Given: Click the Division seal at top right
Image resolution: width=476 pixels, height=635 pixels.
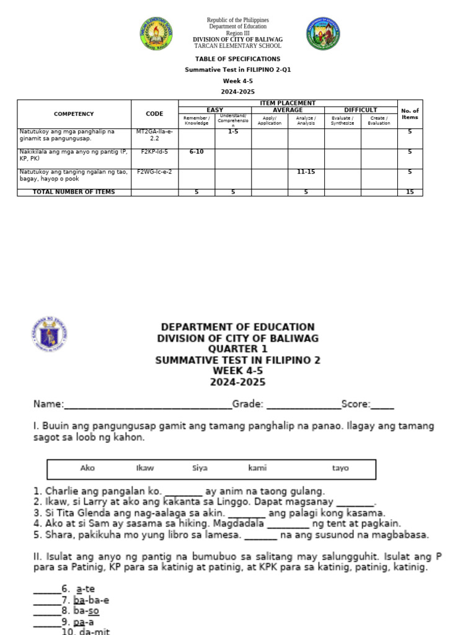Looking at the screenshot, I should click(x=323, y=33).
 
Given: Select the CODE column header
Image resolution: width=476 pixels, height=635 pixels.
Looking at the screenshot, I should click(x=154, y=114).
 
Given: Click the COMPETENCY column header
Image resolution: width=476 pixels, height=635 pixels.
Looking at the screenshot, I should click(x=74, y=114).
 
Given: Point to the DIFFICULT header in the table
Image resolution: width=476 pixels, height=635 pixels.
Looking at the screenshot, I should click(x=360, y=110).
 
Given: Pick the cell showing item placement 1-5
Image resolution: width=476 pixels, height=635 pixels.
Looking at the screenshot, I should click(x=233, y=131).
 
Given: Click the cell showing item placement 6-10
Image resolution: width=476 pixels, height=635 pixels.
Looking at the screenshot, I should click(x=196, y=151).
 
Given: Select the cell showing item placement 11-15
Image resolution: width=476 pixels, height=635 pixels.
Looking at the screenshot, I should click(x=306, y=171).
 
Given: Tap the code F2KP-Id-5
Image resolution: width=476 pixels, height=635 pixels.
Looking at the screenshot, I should click(x=154, y=151).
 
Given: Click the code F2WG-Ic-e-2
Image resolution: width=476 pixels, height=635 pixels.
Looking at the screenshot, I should click(x=154, y=171).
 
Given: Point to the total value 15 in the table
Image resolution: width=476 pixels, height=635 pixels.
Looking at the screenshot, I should click(x=410, y=192).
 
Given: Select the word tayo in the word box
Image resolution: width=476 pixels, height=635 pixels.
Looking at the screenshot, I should click(x=340, y=468).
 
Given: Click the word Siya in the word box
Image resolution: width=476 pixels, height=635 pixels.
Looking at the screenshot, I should click(x=200, y=468).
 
